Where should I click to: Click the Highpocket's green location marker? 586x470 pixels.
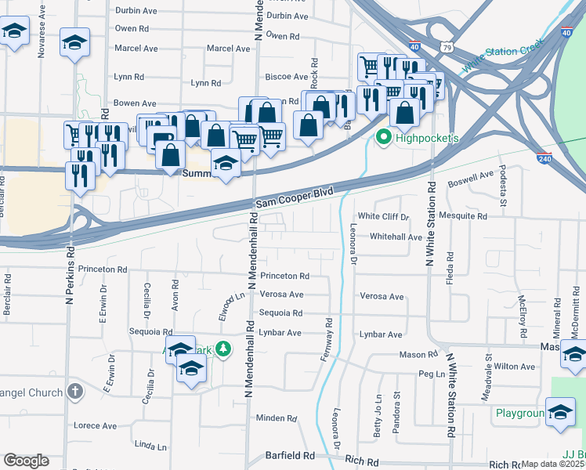(x=383, y=138)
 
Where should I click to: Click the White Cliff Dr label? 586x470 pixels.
(x=384, y=216)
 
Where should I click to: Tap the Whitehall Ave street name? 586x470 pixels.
(x=396, y=236)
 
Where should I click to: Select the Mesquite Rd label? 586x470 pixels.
(x=464, y=216)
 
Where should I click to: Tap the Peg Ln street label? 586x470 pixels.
(x=432, y=374)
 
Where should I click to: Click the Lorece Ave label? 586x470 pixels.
(x=95, y=426)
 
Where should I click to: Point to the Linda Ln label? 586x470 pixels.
(x=151, y=446)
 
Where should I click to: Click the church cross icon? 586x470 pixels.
(x=74, y=390)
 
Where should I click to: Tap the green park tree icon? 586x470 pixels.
(x=224, y=349)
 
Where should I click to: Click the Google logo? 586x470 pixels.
(x=26, y=461)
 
